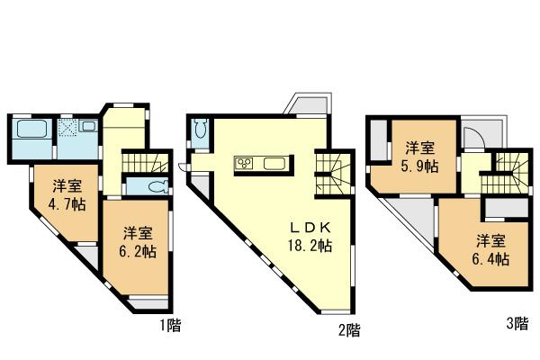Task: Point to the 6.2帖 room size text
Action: coord(138,251)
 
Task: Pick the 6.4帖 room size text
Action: coord(492,260)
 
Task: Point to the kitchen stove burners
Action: coord(245,163)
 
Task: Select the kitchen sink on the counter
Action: coord(275,163)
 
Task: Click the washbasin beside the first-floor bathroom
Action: coord(89,127)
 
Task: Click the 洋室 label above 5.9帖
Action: coord(420,148)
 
